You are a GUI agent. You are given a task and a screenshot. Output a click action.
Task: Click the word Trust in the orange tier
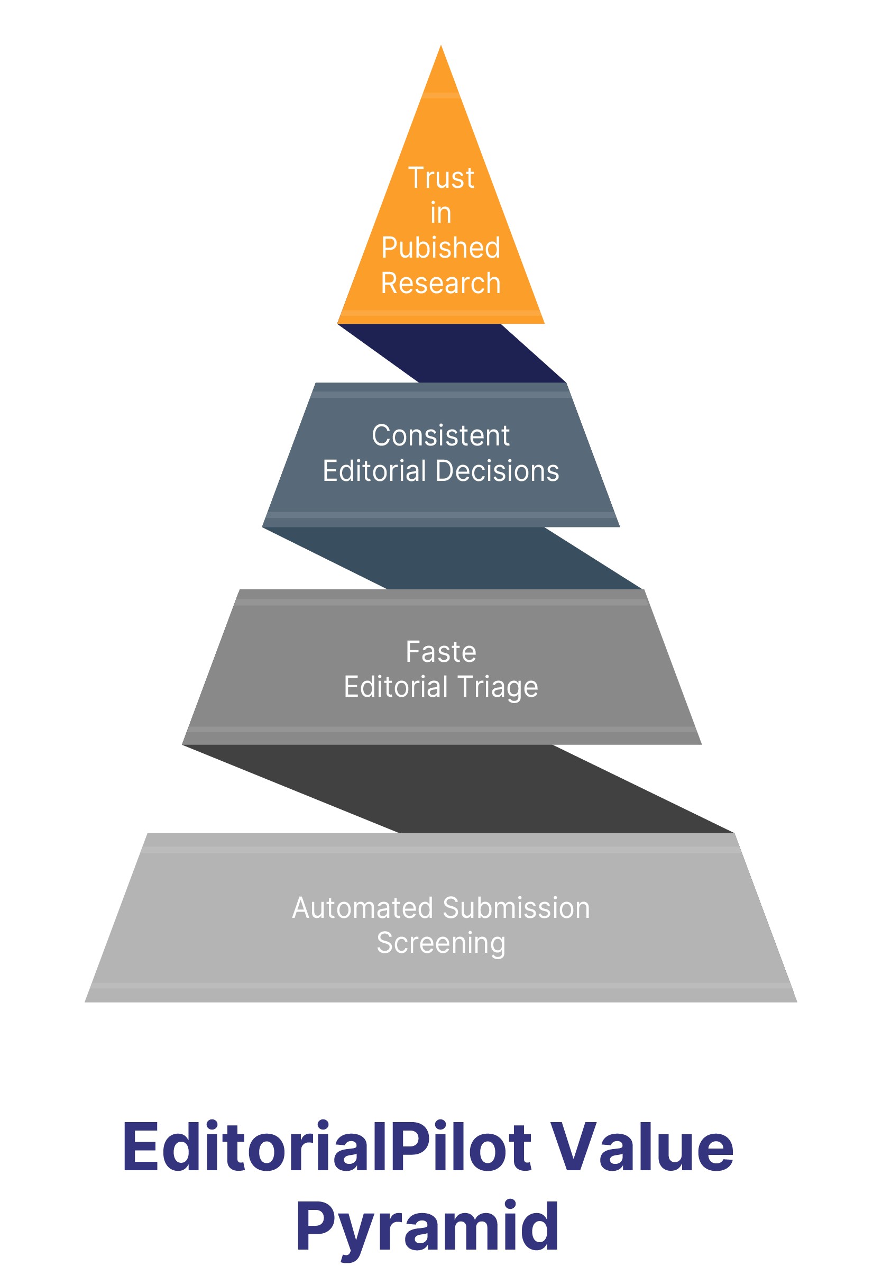[441, 178]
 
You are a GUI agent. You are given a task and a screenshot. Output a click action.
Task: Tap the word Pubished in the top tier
[441, 248]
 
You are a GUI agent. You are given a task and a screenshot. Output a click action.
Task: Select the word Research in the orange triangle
[441, 284]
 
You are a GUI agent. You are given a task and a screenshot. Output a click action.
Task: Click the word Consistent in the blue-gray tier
[441, 436]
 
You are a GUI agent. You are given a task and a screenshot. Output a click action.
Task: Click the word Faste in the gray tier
[441, 652]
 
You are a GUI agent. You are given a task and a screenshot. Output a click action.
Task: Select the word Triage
[497, 687]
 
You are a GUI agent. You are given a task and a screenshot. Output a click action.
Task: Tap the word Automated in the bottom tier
[363, 908]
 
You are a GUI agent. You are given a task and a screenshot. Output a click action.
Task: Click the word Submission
[517, 908]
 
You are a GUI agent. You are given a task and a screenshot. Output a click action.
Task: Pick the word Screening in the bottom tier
[441, 943]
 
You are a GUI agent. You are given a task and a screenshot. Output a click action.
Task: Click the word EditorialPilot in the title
[327, 1147]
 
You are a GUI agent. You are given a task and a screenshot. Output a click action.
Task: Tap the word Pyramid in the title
[427, 1227]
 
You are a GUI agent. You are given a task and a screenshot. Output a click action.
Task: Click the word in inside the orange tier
[441, 213]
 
